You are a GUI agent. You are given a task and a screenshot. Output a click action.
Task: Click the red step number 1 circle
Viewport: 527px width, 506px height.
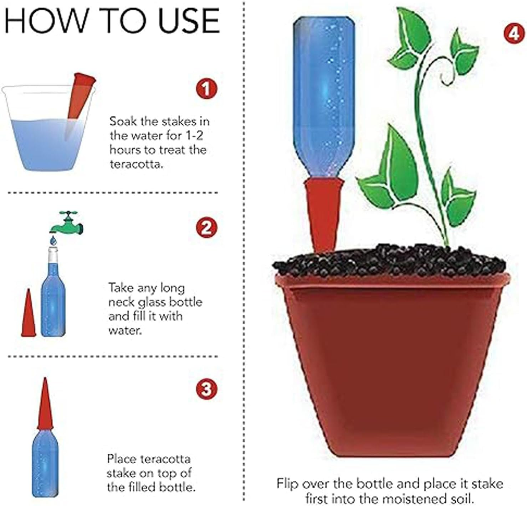[206, 89]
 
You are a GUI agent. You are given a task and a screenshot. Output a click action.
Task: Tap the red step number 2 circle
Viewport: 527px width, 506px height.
[206, 227]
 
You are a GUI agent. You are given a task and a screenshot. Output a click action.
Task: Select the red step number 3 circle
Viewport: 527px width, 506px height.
[206, 388]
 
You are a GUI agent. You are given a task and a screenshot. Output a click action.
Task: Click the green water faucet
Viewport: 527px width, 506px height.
[67, 223]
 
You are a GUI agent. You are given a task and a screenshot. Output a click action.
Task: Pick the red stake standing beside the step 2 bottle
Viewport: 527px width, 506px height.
[29, 313]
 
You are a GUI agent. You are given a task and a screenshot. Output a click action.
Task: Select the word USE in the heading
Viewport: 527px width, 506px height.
[189, 21]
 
